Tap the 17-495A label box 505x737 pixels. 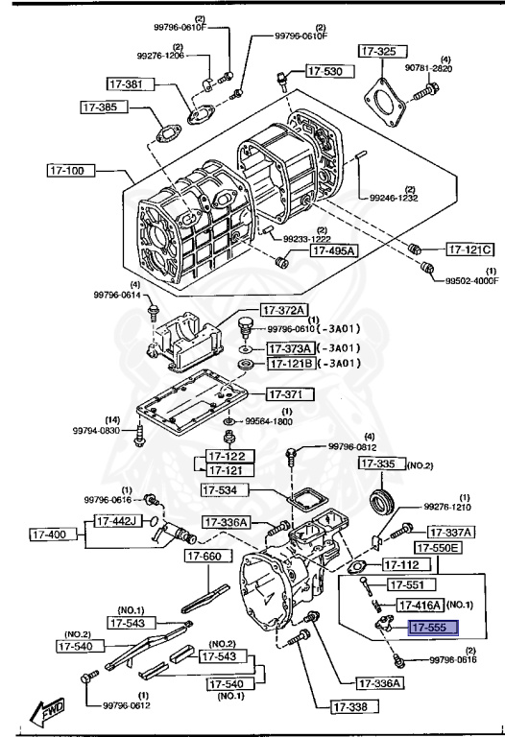[333, 251]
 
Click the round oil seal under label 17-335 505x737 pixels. [385, 502]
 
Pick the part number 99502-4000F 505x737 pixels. [471, 281]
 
